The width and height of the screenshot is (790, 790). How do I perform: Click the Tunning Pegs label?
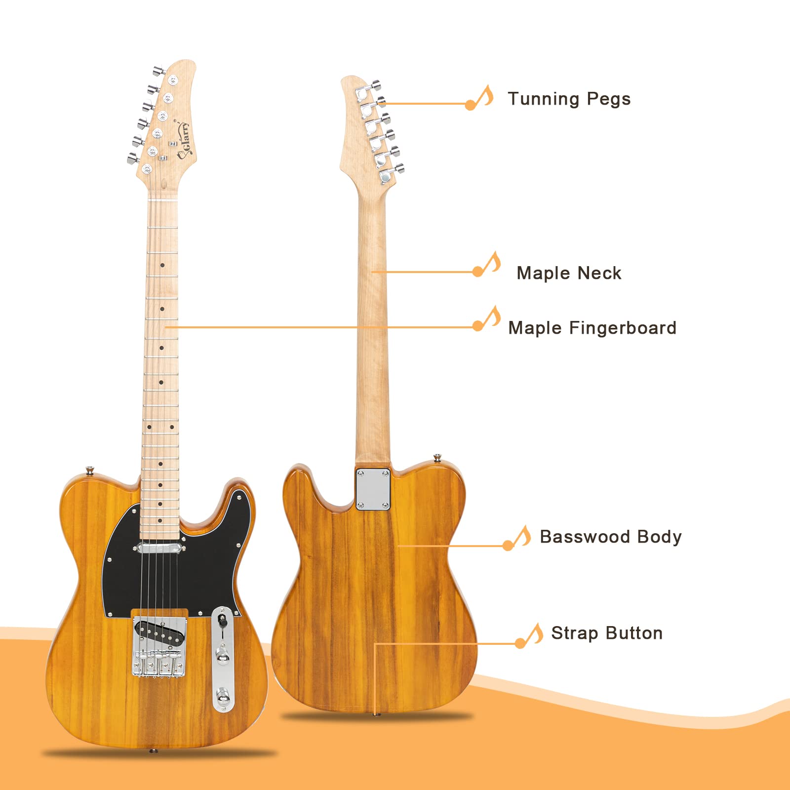click(x=569, y=99)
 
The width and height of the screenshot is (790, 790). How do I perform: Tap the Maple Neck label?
click(x=569, y=273)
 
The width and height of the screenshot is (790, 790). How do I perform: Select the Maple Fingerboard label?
click(x=592, y=328)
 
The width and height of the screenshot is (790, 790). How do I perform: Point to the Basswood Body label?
click(x=610, y=537)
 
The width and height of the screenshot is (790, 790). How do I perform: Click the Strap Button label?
click(x=606, y=633)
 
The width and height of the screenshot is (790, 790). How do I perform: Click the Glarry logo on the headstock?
click(x=184, y=140)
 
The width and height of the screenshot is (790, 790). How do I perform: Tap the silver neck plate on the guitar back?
click(x=373, y=489)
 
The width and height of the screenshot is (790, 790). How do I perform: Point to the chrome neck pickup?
click(x=160, y=547)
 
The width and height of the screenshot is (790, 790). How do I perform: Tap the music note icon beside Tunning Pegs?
click(x=480, y=98)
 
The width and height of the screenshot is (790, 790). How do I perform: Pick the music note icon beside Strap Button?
click(x=530, y=636)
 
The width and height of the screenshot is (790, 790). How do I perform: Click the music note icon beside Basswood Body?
click(x=518, y=538)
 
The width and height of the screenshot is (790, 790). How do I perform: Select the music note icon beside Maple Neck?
click(x=488, y=265)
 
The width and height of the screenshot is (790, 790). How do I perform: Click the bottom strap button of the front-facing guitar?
click(x=154, y=751)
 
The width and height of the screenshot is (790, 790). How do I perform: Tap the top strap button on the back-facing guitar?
click(x=437, y=458)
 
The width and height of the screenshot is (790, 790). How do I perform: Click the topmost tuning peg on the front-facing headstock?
click(x=158, y=71)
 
